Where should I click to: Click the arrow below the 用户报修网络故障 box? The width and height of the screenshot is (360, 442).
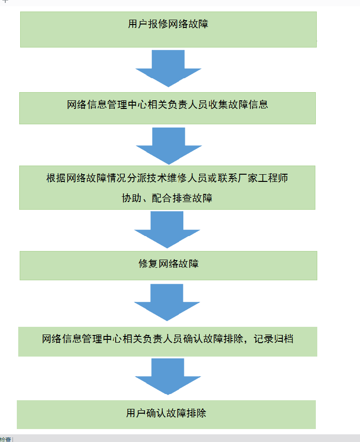[x=168, y=68]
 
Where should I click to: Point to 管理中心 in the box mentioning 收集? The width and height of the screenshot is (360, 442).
[x=127, y=104]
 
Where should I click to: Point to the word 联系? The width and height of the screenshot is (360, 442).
[x=228, y=179]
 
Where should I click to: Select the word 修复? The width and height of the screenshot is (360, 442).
[x=148, y=263]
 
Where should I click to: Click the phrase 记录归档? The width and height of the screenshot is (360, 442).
[x=273, y=339]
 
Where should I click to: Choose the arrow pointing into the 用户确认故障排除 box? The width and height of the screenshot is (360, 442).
[x=168, y=376]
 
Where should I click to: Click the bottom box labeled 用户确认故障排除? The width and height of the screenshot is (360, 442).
[x=166, y=414]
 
